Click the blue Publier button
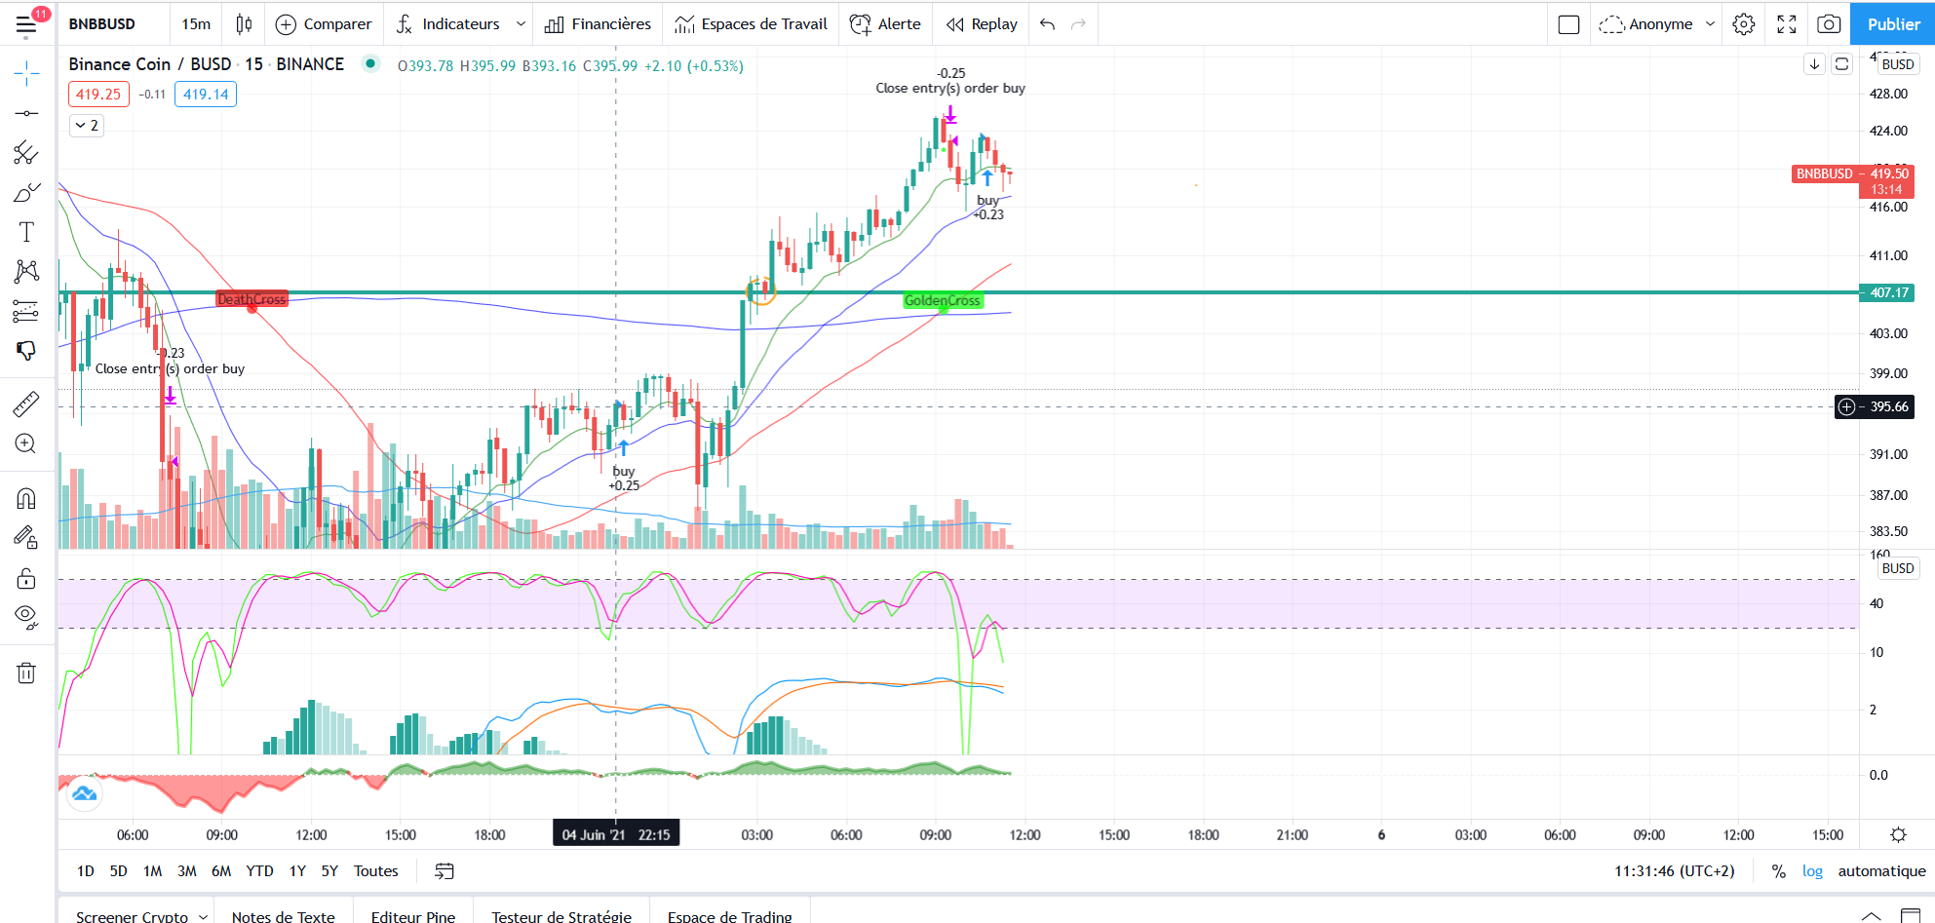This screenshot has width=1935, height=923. pos(1893,24)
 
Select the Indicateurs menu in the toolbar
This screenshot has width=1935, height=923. pos(460,24)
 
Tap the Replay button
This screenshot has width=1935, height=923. pos(982,24)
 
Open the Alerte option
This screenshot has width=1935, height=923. pos(885,24)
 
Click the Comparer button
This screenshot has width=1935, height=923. pos(324,24)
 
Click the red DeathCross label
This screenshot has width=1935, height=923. pos(252,299)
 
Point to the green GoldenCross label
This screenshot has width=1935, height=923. pos(942,300)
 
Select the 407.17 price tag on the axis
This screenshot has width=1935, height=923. pos(1888,292)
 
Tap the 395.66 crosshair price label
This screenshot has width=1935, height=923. pos(1888,406)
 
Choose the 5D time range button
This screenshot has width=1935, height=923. pos(118,871)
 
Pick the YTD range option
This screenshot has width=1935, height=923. pos(259,871)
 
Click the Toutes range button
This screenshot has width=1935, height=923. pos(375,871)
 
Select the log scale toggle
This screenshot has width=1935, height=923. pos(1812,871)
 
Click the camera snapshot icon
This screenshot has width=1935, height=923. pos(1829,24)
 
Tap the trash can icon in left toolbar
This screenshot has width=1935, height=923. pos(26,673)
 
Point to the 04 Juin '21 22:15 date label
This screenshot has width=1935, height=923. pos(616,834)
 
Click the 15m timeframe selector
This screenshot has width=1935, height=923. pos(196,24)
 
